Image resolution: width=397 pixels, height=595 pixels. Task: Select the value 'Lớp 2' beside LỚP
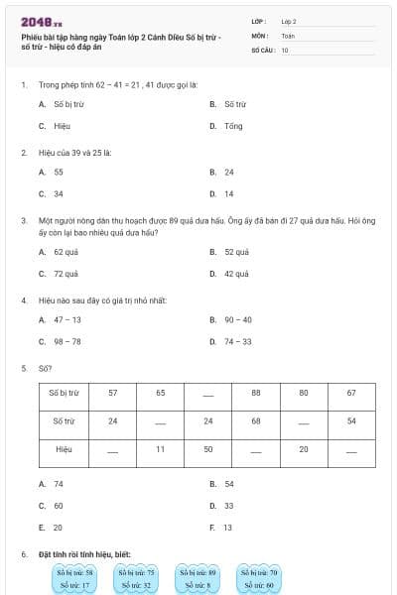pos(289,21)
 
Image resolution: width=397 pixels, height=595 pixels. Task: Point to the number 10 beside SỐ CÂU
pos(285,49)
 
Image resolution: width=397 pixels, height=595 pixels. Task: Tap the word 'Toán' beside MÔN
pos(288,35)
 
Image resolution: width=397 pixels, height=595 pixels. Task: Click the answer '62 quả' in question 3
pos(66,252)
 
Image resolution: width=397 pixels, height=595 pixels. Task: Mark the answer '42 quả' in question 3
pos(236,274)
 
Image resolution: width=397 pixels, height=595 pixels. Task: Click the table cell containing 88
pos(255,394)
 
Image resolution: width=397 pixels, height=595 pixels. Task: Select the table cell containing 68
pos(255,421)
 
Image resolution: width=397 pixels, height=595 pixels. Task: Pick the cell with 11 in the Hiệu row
pos(160,450)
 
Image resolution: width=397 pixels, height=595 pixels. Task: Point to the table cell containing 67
pos(350,394)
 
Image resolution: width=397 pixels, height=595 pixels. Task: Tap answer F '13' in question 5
pos(228,528)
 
